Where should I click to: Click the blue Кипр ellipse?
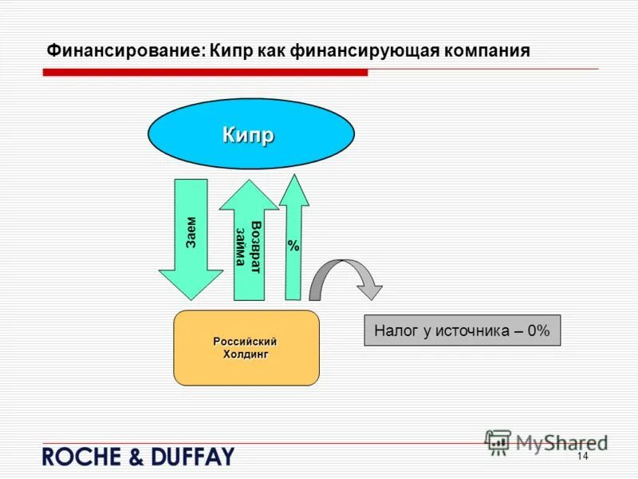click(x=251, y=135)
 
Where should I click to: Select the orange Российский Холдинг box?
click(x=246, y=348)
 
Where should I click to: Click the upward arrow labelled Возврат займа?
click(x=249, y=243)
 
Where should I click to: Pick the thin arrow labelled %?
click(x=294, y=239)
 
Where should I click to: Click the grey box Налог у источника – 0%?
click(x=463, y=330)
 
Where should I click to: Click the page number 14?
click(x=581, y=456)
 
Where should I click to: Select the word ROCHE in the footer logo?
click(x=79, y=457)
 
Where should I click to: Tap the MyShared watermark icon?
click(x=498, y=441)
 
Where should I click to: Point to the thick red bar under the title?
click(x=205, y=72)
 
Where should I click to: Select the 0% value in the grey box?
click(x=538, y=331)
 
